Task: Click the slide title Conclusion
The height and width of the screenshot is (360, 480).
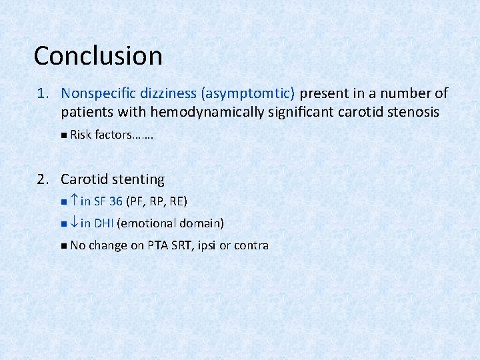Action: coord(98,55)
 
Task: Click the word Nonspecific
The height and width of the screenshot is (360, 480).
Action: coord(99,93)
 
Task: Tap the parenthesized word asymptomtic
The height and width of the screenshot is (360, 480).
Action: coord(254,93)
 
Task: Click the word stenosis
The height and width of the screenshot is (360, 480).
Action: coord(411,112)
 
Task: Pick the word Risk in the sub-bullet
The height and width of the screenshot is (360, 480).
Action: coord(81,135)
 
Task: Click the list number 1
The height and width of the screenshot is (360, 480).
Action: coord(41,93)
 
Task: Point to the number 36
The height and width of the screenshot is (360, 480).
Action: coord(116,201)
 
